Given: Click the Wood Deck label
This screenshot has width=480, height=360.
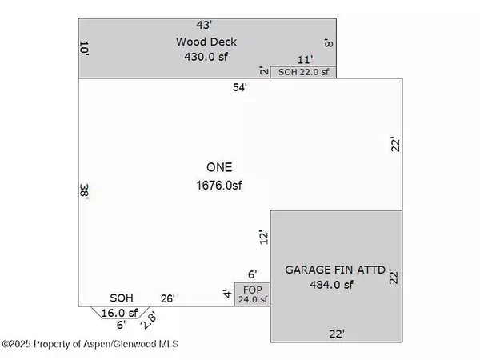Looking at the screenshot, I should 206,42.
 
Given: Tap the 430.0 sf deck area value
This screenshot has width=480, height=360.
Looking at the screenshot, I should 206,57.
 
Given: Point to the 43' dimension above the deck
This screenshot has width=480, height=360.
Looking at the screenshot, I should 206,25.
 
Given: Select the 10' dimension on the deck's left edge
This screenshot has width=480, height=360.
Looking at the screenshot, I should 84,48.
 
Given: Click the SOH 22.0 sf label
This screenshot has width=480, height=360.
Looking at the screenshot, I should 303,72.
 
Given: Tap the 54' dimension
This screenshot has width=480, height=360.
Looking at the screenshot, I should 240,87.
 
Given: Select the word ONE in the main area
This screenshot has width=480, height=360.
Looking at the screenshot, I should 218,168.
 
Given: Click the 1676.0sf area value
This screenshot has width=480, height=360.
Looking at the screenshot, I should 218,186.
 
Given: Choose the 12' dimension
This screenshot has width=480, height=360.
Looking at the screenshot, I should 262,237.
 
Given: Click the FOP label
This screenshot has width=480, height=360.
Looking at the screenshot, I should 251,289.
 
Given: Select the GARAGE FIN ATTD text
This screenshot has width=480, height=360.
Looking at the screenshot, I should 336,270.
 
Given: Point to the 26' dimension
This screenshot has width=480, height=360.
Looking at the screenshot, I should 168,299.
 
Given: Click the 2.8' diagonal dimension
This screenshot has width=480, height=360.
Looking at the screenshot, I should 148,322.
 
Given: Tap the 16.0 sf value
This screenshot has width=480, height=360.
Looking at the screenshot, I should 119,313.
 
